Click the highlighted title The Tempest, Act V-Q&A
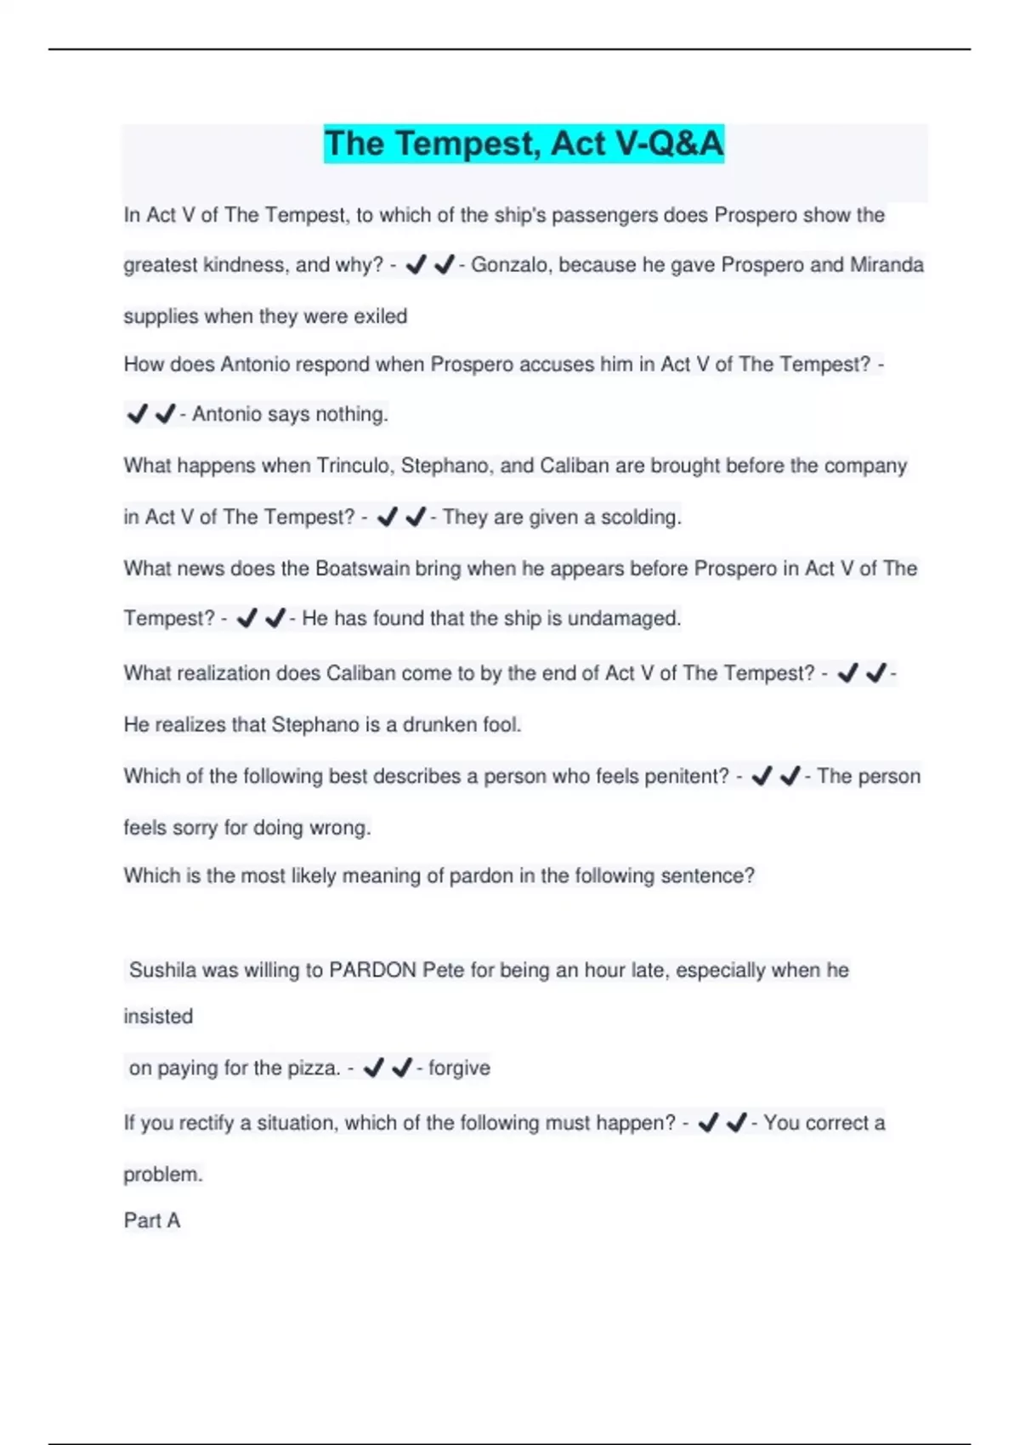coord(524,144)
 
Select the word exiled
coord(380,316)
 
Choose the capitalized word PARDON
coord(372,970)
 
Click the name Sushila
coord(162,970)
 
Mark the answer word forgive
coord(459,1068)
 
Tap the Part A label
coord(151,1221)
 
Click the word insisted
coord(158,1017)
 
